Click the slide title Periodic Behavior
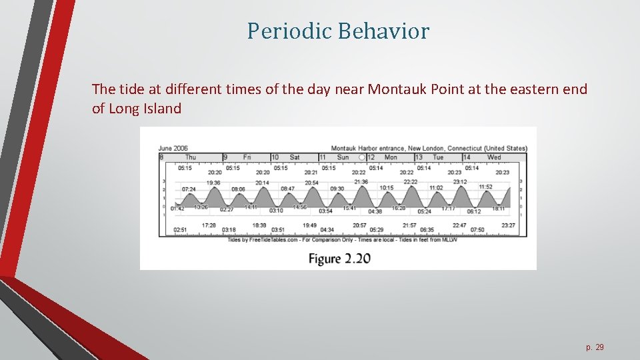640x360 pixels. (x=338, y=31)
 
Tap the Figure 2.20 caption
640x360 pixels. (x=339, y=258)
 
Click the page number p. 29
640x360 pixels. (x=594, y=347)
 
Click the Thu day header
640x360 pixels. (x=191, y=157)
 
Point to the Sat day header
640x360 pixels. (x=295, y=157)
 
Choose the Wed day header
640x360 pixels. (x=494, y=157)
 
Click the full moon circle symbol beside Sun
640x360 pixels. (x=361, y=157)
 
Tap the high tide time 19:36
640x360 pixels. (x=213, y=182)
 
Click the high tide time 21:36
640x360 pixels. (x=361, y=181)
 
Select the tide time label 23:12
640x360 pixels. (x=460, y=181)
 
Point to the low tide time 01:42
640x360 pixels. (x=177, y=209)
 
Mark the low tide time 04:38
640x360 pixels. (x=375, y=211)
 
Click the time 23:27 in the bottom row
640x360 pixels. (x=508, y=225)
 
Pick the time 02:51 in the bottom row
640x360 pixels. (x=180, y=229)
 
